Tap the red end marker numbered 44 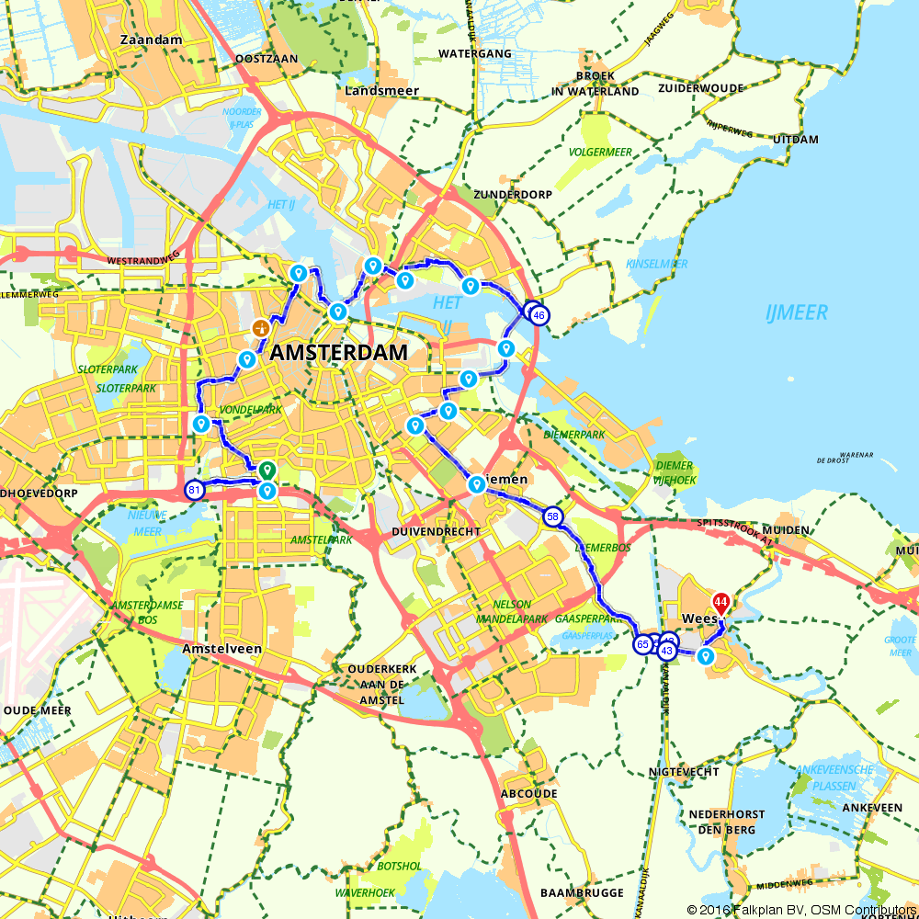pos(721,604)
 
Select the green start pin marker pos(267,469)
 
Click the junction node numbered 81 pos(194,489)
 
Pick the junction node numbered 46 pos(539,315)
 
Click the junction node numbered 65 pos(642,645)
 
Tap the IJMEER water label pos(796,313)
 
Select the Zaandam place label pos(151,40)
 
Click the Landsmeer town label pos(382,91)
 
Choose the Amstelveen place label pos(222,649)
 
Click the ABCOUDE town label pos(529,793)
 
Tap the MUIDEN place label pos(785,530)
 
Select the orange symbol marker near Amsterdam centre pos(261,328)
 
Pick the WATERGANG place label pos(474,54)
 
